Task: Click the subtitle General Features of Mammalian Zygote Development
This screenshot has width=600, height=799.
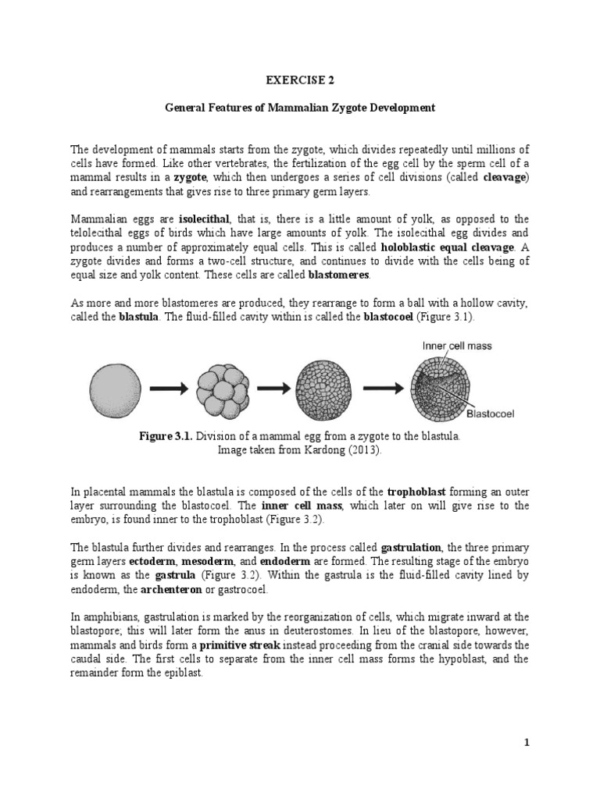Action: coord(299,108)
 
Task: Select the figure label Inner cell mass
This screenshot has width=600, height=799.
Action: coord(457,346)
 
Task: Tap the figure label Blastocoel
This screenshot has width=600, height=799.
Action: coord(494,414)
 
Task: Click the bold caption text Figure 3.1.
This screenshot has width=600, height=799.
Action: coord(166,436)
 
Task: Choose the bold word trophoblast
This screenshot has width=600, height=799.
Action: coord(417,492)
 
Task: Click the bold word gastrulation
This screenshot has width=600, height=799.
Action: coord(411,546)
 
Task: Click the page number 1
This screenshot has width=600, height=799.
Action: coord(527,743)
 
